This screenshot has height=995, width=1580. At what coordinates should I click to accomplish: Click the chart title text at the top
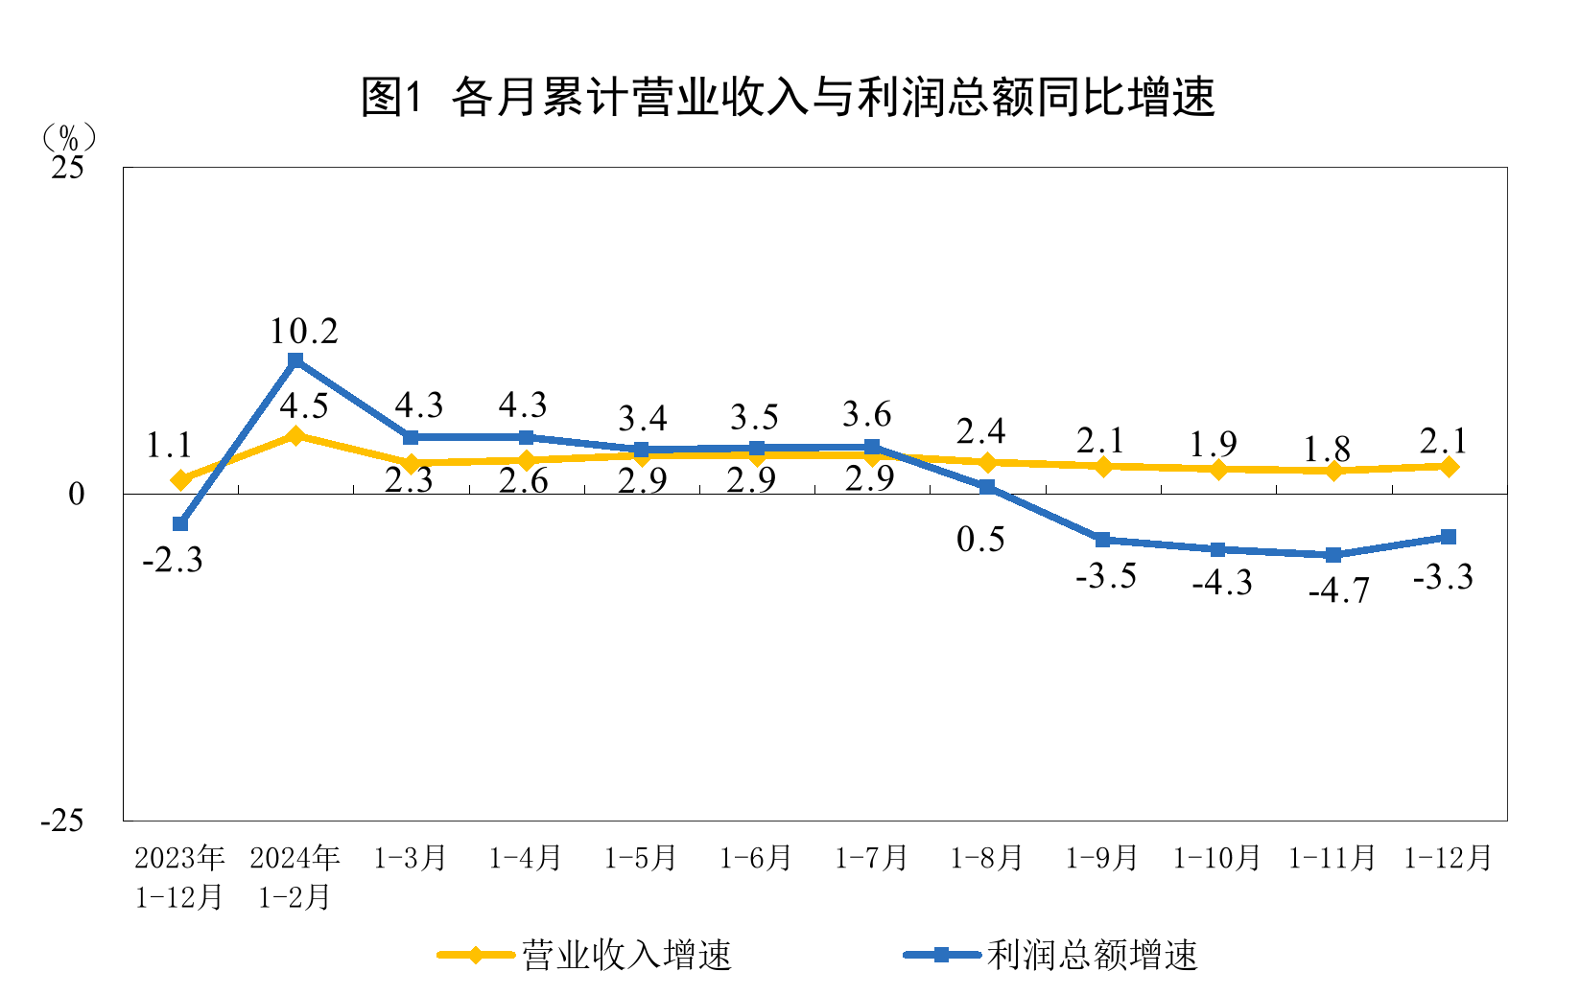pyautogui.click(x=789, y=97)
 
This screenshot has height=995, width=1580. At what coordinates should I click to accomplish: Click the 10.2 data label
pyautogui.click(x=303, y=332)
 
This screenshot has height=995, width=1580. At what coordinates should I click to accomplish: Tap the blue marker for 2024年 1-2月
pyautogui.click(x=295, y=360)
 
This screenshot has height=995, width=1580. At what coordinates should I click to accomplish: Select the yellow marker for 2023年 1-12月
pyautogui.click(x=180, y=479)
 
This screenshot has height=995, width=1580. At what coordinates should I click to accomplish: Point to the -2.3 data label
pyautogui.click(x=173, y=560)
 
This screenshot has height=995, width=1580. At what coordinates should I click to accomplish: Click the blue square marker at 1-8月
pyautogui.click(x=987, y=487)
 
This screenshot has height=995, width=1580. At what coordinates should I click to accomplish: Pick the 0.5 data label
pyautogui.click(x=980, y=540)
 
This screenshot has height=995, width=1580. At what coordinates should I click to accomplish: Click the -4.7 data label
pyautogui.click(x=1339, y=590)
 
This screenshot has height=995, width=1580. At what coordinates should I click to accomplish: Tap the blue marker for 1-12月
pyautogui.click(x=1449, y=537)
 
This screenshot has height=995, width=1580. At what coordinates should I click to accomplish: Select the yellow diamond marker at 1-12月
pyautogui.click(x=1449, y=467)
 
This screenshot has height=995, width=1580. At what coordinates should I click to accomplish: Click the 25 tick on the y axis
pyautogui.click(x=68, y=168)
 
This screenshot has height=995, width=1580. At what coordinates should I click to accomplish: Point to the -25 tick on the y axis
pyautogui.click(x=61, y=821)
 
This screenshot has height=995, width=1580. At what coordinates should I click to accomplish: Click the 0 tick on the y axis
pyautogui.click(x=77, y=495)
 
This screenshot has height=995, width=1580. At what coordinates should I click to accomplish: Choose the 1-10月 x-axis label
pyautogui.click(x=1216, y=858)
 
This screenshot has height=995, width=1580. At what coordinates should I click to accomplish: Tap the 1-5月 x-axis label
pyautogui.click(x=641, y=858)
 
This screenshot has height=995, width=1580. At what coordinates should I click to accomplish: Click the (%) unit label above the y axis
pyautogui.click(x=68, y=138)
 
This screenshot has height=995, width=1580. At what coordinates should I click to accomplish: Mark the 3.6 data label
pyautogui.click(x=867, y=415)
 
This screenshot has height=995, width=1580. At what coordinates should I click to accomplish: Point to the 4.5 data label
pyautogui.click(x=304, y=406)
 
